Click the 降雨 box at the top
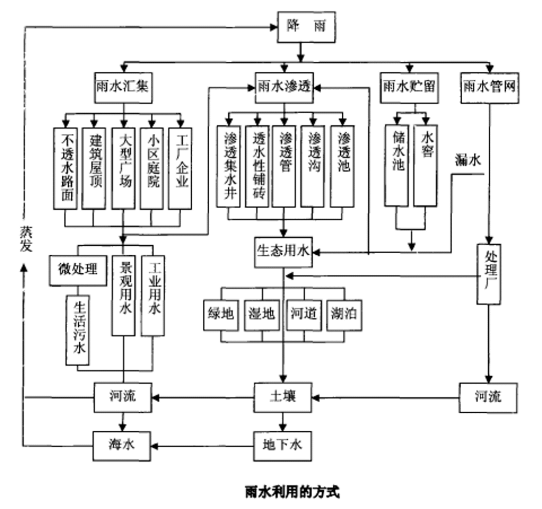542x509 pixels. click(x=306, y=26)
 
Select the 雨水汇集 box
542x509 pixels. click(x=123, y=88)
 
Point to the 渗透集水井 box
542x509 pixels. click(x=228, y=166)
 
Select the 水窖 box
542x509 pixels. click(x=426, y=165)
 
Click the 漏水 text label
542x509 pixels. click(x=468, y=160)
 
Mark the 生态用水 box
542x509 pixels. click(x=284, y=252)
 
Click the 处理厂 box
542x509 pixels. click(x=489, y=274)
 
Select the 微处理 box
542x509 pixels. click(x=78, y=270)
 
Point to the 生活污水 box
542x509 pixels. click(x=78, y=329)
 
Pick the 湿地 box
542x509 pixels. click(x=261, y=315)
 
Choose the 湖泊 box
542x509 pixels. click(x=344, y=315)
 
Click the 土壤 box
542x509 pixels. click(x=284, y=397)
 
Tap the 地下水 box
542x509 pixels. click(x=284, y=445)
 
